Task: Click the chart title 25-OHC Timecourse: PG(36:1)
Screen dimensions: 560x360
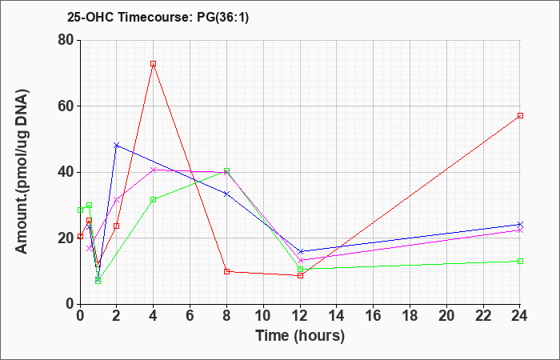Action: (158, 17)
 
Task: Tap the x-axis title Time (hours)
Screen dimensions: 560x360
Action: (300, 336)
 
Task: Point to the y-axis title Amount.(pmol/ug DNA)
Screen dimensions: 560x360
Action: (22, 172)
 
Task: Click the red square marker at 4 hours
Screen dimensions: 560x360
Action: (154, 63)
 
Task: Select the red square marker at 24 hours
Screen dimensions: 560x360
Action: (520, 116)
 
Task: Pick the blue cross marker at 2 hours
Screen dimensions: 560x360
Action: (117, 146)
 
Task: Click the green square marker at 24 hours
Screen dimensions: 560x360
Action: (520, 261)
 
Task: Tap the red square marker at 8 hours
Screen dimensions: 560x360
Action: (226, 271)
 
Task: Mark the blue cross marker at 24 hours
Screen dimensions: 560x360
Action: (520, 224)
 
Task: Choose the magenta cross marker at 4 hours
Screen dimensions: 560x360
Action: (154, 170)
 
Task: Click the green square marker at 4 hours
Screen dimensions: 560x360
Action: (154, 200)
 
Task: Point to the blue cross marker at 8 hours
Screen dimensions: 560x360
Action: (226, 194)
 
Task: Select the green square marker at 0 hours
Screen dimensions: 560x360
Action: (80, 210)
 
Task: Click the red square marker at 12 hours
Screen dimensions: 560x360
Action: (300, 276)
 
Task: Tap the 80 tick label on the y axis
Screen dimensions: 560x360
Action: (66, 40)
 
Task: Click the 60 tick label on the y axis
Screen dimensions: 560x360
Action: (66, 106)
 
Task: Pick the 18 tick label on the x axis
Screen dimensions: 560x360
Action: (410, 316)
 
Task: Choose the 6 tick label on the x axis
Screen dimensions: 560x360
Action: (190, 316)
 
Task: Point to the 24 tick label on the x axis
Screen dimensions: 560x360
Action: (519, 316)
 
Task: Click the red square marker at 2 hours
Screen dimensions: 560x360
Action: (117, 226)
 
